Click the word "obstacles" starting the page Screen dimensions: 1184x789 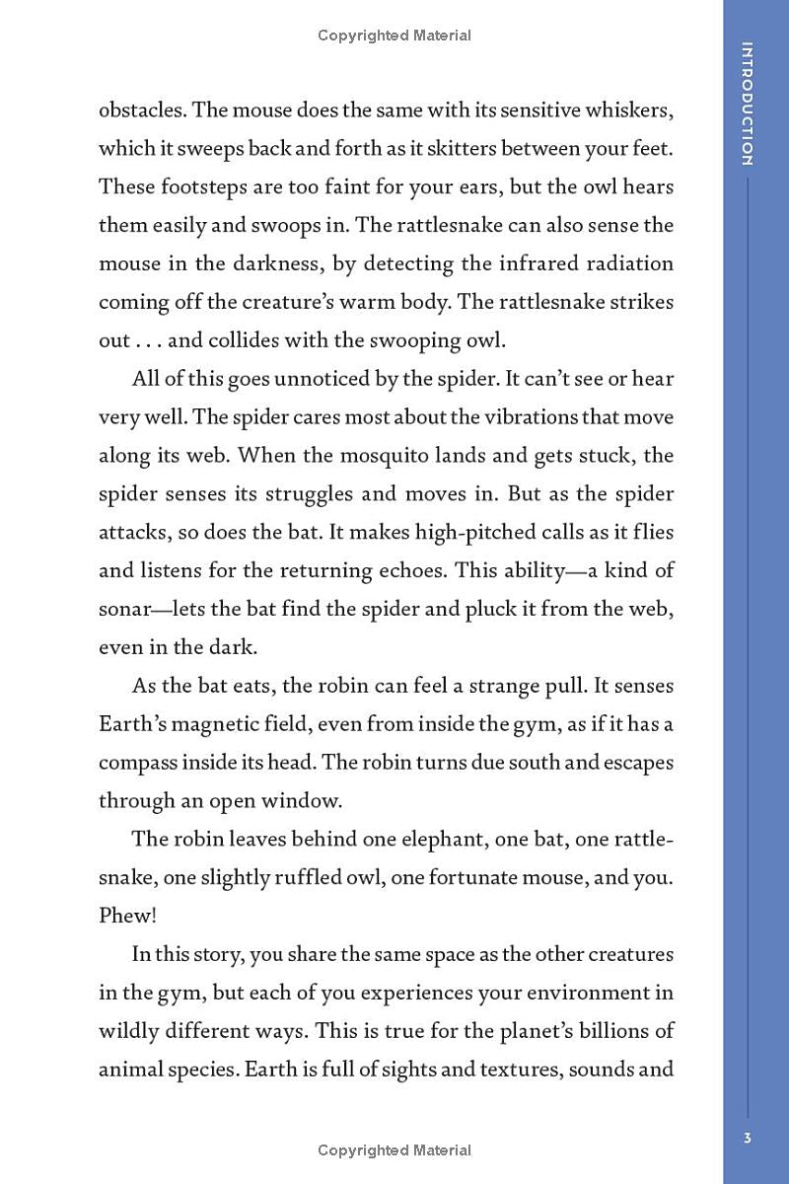[x=140, y=110]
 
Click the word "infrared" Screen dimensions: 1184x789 [x=551, y=263]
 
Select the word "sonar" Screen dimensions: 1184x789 [x=123, y=610]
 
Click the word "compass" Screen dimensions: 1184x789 [x=138, y=762]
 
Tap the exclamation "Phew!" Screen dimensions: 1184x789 [x=127, y=916]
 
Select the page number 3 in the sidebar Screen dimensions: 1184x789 [x=748, y=1138]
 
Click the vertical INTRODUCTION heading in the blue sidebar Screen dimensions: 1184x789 [x=748, y=104]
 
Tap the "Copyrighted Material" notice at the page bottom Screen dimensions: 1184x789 [x=394, y=1150]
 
